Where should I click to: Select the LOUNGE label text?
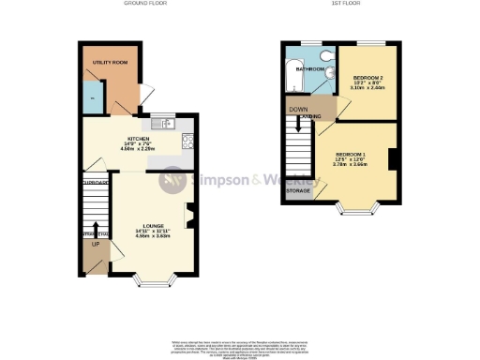coord(155,226)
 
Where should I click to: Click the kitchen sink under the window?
coord(157,124)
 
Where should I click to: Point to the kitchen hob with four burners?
coord(187,143)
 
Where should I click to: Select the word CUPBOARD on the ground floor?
coord(96,183)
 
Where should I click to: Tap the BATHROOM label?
coord(310,69)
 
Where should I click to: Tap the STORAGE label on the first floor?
coord(299,190)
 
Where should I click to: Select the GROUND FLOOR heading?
coord(143,4)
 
